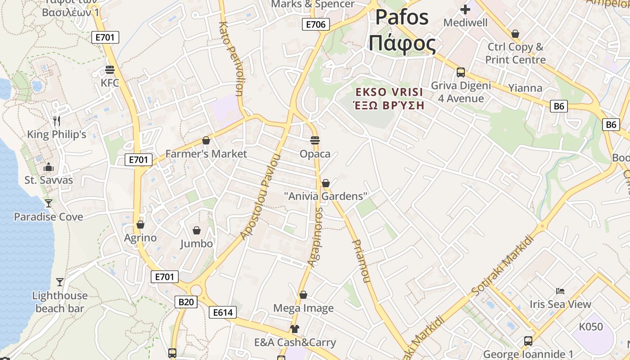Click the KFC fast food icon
[x=110, y=70]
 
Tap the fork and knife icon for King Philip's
[x=57, y=121]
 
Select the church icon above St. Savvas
[x=49, y=167]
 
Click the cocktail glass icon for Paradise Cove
[x=49, y=203]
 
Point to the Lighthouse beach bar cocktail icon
[x=60, y=282]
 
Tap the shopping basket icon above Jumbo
[x=197, y=231]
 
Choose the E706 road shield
[x=315, y=24]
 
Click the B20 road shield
[x=186, y=301]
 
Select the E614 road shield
[x=223, y=312]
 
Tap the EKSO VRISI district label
[x=389, y=92]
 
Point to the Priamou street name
[x=361, y=261]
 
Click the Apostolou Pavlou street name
[x=261, y=197]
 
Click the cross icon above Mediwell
[x=465, y=9]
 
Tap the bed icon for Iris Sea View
[x=560, y=291]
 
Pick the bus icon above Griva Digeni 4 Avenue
[x=461, y=72]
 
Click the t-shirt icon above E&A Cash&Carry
[x=295, y=329]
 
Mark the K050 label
[x=590, y=327]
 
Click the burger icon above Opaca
[x=315, y=140]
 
